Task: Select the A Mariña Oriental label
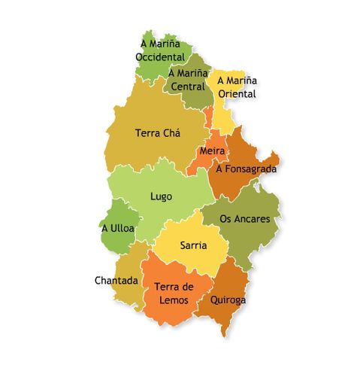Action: tap(237, 87)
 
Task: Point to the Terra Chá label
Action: tap(158, 133)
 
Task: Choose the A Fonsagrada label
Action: tap(247, 169)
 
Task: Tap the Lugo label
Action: tap(161, 196)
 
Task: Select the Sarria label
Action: tap(194, 245)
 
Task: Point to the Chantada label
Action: tap(116, 281)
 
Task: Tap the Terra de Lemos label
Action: tap(174, 293)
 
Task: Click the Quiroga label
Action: tap(228, 299)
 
